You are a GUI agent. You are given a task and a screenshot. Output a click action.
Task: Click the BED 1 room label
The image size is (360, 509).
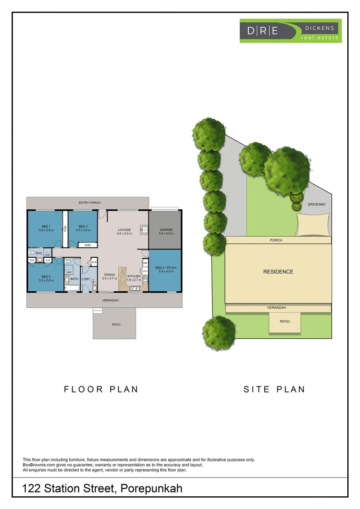click(x=45, y=226)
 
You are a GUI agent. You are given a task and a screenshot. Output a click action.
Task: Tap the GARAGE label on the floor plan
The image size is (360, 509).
click(x=166, y=230)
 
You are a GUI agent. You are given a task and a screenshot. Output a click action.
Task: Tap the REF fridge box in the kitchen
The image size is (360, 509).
click(x=146, y=263)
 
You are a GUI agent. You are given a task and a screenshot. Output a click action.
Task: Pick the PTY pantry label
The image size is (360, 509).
click(x=146, y=271)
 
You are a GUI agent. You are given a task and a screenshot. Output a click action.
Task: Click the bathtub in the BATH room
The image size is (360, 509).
click(x=73, y=287)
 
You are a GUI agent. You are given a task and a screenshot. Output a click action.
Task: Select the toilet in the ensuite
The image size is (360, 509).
click(x=32, y=253)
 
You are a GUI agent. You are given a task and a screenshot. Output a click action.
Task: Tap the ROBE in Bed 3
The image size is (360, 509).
click(x=88, y=245)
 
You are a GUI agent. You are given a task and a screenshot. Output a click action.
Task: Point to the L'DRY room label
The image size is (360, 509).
click(x=86, y=279)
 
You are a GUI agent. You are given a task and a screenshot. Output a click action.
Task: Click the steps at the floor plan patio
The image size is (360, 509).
click(x=98, y=311)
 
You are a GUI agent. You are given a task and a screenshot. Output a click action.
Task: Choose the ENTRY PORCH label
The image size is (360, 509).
click(x=89, y=203)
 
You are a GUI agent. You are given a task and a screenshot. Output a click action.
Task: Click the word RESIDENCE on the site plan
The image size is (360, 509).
click(x=278, y=271)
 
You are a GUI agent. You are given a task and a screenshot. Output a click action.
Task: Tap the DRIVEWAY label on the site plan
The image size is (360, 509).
click(x=317, y=205)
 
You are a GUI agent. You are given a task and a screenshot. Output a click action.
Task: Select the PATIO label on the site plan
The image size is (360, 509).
click(x=285, y=321)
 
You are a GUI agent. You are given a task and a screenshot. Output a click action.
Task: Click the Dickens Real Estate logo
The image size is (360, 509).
click(x=290, y=31)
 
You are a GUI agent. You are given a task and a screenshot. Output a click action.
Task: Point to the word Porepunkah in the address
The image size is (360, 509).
click(x=151, y=488)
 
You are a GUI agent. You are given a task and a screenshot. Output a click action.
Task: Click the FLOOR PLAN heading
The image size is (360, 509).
click(x=101, y=389)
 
